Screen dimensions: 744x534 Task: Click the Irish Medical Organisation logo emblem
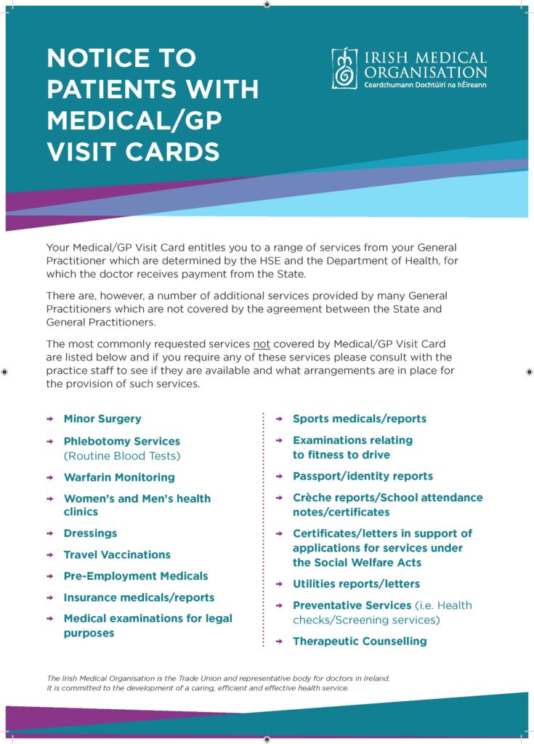tap(344, 69)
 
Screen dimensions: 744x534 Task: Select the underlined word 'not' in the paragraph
tap(262, 343)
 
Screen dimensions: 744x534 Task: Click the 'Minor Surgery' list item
tap(102, 418)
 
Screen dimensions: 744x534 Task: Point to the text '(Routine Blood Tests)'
tap(121, 456)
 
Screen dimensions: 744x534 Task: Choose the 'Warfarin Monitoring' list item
tap(119, 477)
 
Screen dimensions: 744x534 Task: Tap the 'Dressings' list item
tap(90, 533)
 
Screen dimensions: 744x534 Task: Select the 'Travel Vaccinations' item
tap(117, 554)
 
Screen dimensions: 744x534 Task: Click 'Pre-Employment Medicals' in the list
tap(136, 576)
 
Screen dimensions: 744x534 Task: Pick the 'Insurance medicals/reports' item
tap(139, 597)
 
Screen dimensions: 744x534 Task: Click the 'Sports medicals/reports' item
tap(360, 418)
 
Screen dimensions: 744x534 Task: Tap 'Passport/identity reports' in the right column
tap(363, 476)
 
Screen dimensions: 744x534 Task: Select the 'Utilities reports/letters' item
tap(356, 583)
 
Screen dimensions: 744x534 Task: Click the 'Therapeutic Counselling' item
tap(360, 641)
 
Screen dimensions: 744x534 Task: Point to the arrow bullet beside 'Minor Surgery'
tap(49, 419)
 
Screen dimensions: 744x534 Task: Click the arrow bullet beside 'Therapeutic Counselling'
tap(278, 642)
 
